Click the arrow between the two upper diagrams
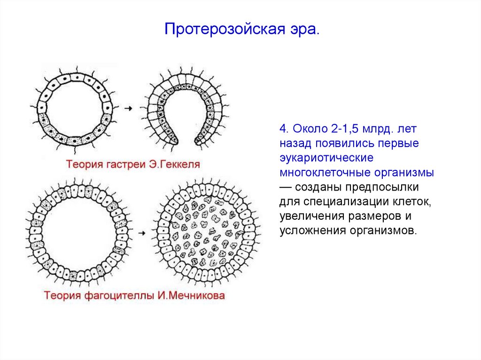coord(128,108)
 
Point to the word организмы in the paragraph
coord(405,172)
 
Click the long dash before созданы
coord(286,187)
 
